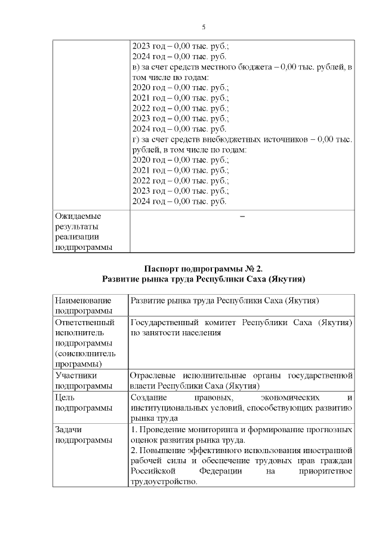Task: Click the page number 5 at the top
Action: [x=204, y=27]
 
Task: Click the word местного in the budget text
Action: [x=219, y=66]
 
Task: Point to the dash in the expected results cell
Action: [x=242, y=216]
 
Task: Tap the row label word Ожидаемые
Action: [x=78, y=216]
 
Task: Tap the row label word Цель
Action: [x=65, y=397]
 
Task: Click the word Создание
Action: [x=149, y=397]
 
